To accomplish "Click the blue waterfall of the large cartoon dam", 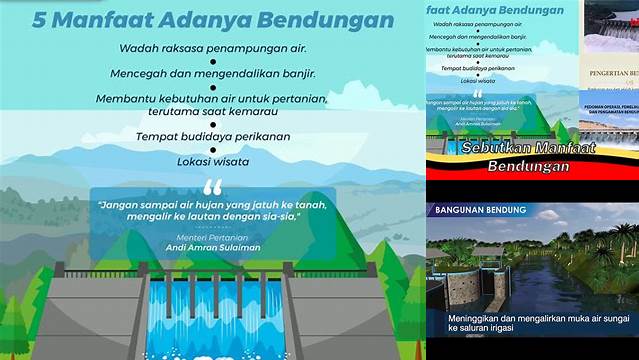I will [212, 320].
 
